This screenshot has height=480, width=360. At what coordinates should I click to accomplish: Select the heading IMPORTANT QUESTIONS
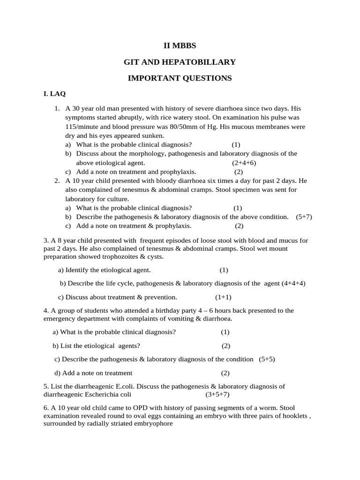pyautogui.click(x=180, y=78)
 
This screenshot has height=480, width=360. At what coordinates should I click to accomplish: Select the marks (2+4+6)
pyautogui.click(x=244, y=163)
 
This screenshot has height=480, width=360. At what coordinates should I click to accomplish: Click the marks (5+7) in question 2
pyautogui.click(x=304, y=217)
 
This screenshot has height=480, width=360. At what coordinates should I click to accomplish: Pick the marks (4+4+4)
pyautogui.click(x=293, y=284)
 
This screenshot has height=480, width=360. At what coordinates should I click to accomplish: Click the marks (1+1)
pyautogui.click(x=223, y=297)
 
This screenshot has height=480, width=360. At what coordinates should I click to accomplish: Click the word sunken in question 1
pyautogui.click(x=153, y=135)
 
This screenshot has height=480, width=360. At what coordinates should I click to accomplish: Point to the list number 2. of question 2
pyautogui.click(x=57, y=180)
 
